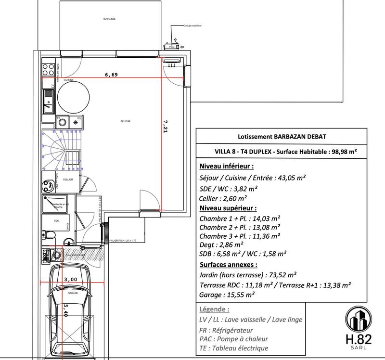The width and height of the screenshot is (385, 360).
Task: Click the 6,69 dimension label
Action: [111, 75]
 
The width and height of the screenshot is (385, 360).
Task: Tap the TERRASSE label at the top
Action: [109, 19]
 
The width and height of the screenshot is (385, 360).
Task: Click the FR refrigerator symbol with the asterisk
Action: [76, 122]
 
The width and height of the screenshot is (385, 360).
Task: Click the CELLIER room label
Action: [68, 180]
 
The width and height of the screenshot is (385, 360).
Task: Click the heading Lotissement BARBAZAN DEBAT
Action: [278, 137]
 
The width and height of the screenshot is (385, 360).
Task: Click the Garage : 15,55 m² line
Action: [226, 295]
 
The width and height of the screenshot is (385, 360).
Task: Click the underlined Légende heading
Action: [214, 309]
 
